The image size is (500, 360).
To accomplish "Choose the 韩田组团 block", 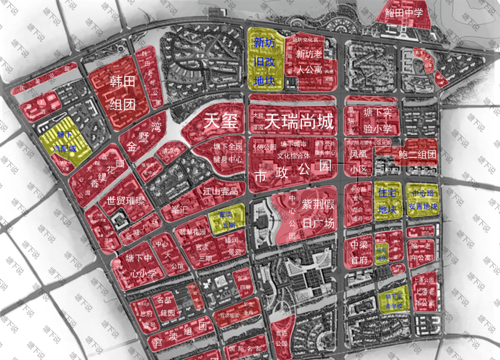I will [122, 92].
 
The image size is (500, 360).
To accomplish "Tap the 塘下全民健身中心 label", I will [228, 153].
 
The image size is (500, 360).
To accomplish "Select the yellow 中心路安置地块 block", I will [422, 199].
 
